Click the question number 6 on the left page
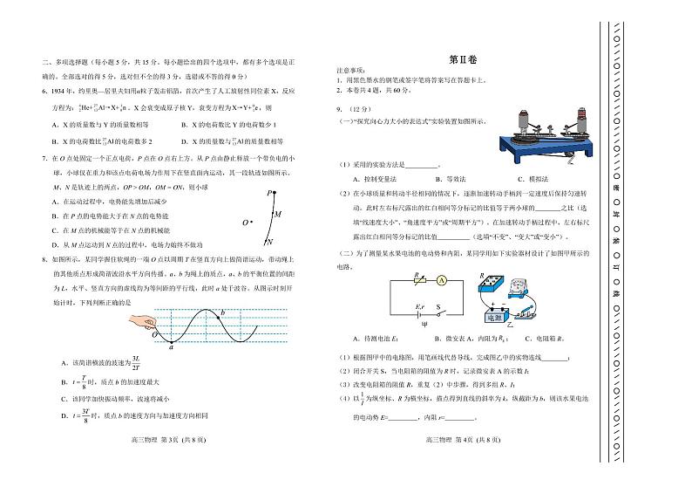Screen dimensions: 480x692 (43, 91)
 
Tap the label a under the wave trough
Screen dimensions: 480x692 (172, 346)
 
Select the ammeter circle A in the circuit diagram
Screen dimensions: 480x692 (442, 281)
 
